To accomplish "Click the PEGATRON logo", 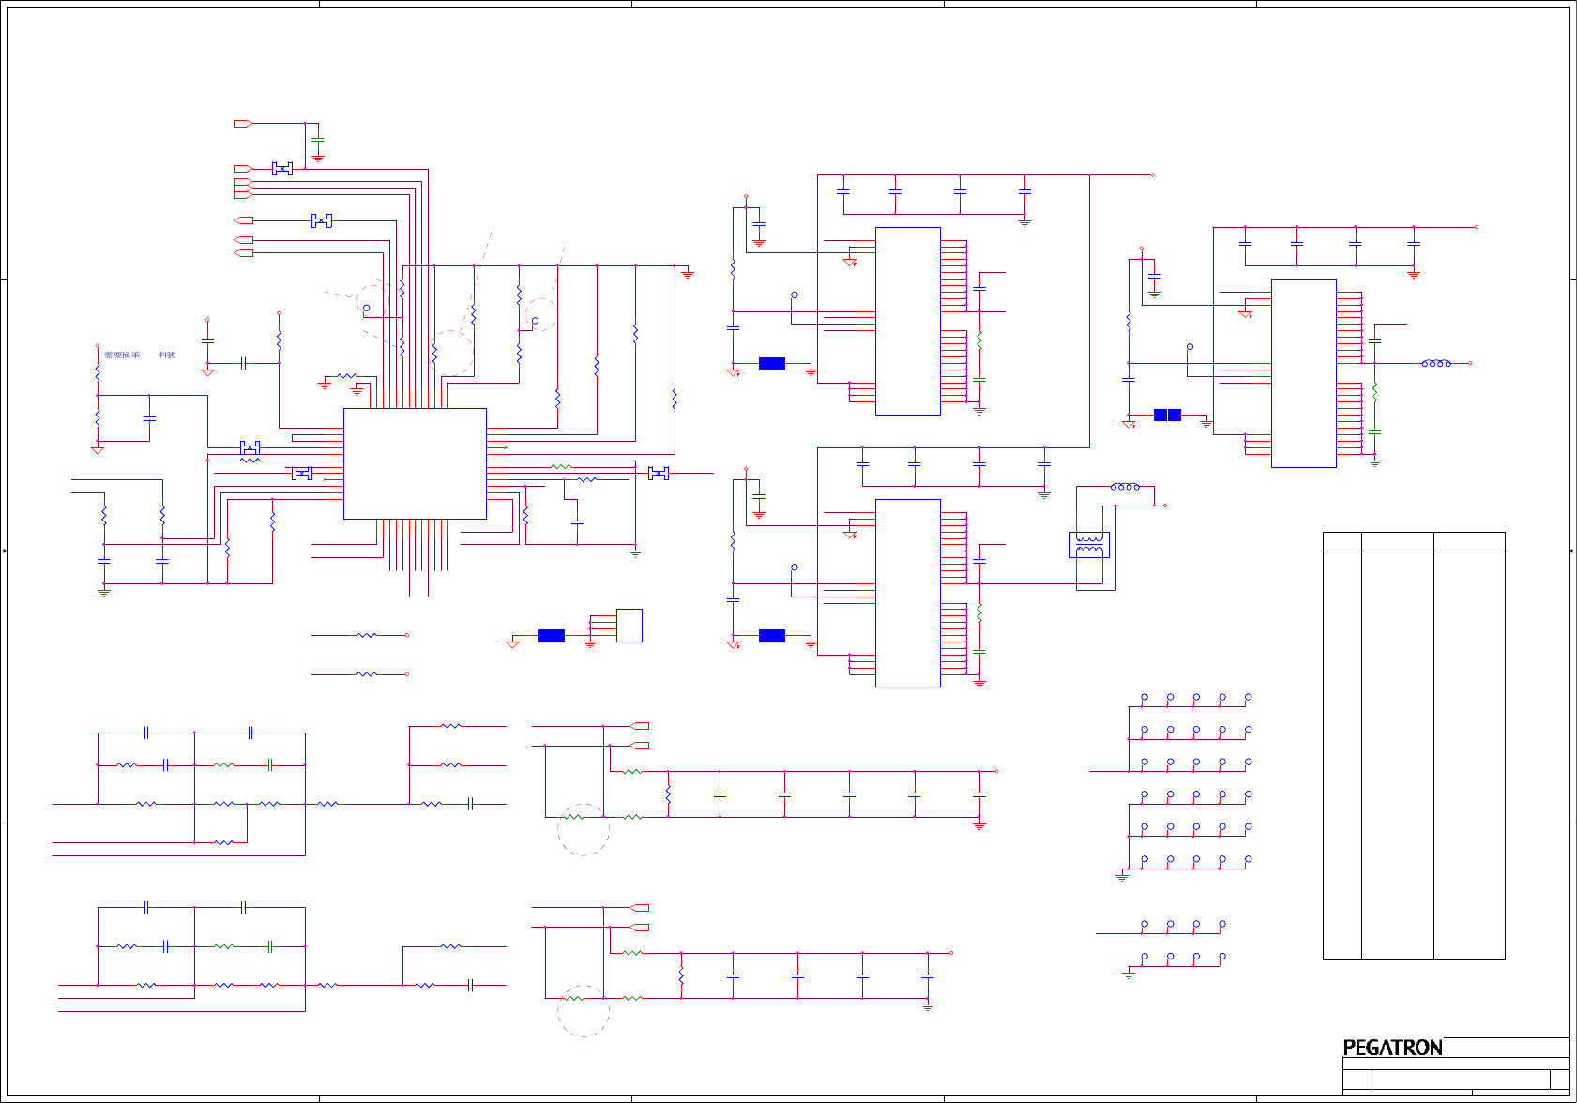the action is (x=1392, y=1048).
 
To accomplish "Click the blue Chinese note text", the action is (x=139, y=355).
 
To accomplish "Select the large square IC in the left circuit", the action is (x=415, y=463).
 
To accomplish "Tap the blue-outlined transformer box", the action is (x=1089, y=545).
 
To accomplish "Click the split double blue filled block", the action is (x=1167, y=415).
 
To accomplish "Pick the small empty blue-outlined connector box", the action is (x=629, y=626).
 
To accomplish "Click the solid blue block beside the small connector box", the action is (x=552, y=636).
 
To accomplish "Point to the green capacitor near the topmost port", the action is (x=318, y=141).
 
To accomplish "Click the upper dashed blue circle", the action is (x=584, y=829).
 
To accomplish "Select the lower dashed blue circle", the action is (x=584, y=1011).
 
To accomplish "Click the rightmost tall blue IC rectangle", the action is (x=1303, y=372).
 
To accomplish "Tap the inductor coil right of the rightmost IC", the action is (x=1436, y=363).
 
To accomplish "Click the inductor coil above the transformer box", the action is (x=1125, y=487).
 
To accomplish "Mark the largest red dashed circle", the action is (x=452, y=353).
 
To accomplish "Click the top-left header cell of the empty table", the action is (x=1342, y=541).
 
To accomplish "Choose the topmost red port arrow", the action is (x=242, y=124).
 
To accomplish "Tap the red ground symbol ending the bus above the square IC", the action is (x=688, y=274).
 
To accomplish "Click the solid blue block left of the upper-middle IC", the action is (x=771, y=363).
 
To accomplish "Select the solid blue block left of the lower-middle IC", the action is (x=771, y=636).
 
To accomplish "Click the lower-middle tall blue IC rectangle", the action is (x=907, y=593).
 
